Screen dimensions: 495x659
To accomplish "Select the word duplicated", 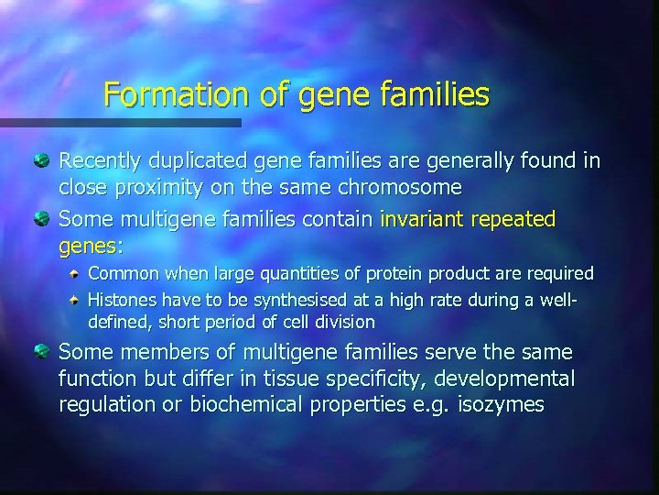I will point(202,162).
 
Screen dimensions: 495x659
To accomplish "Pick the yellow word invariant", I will point(422,220).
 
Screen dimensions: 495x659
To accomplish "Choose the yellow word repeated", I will point(513,220).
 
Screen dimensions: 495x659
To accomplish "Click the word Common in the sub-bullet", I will point(120,273).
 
